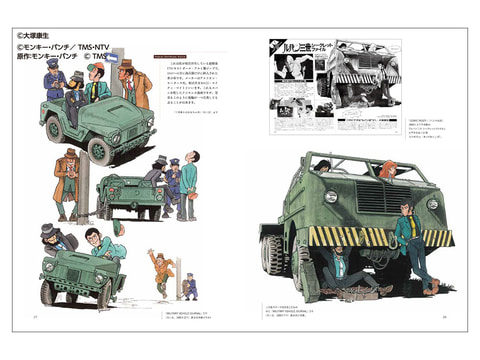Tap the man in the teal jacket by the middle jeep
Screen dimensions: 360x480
click(189, 190)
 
